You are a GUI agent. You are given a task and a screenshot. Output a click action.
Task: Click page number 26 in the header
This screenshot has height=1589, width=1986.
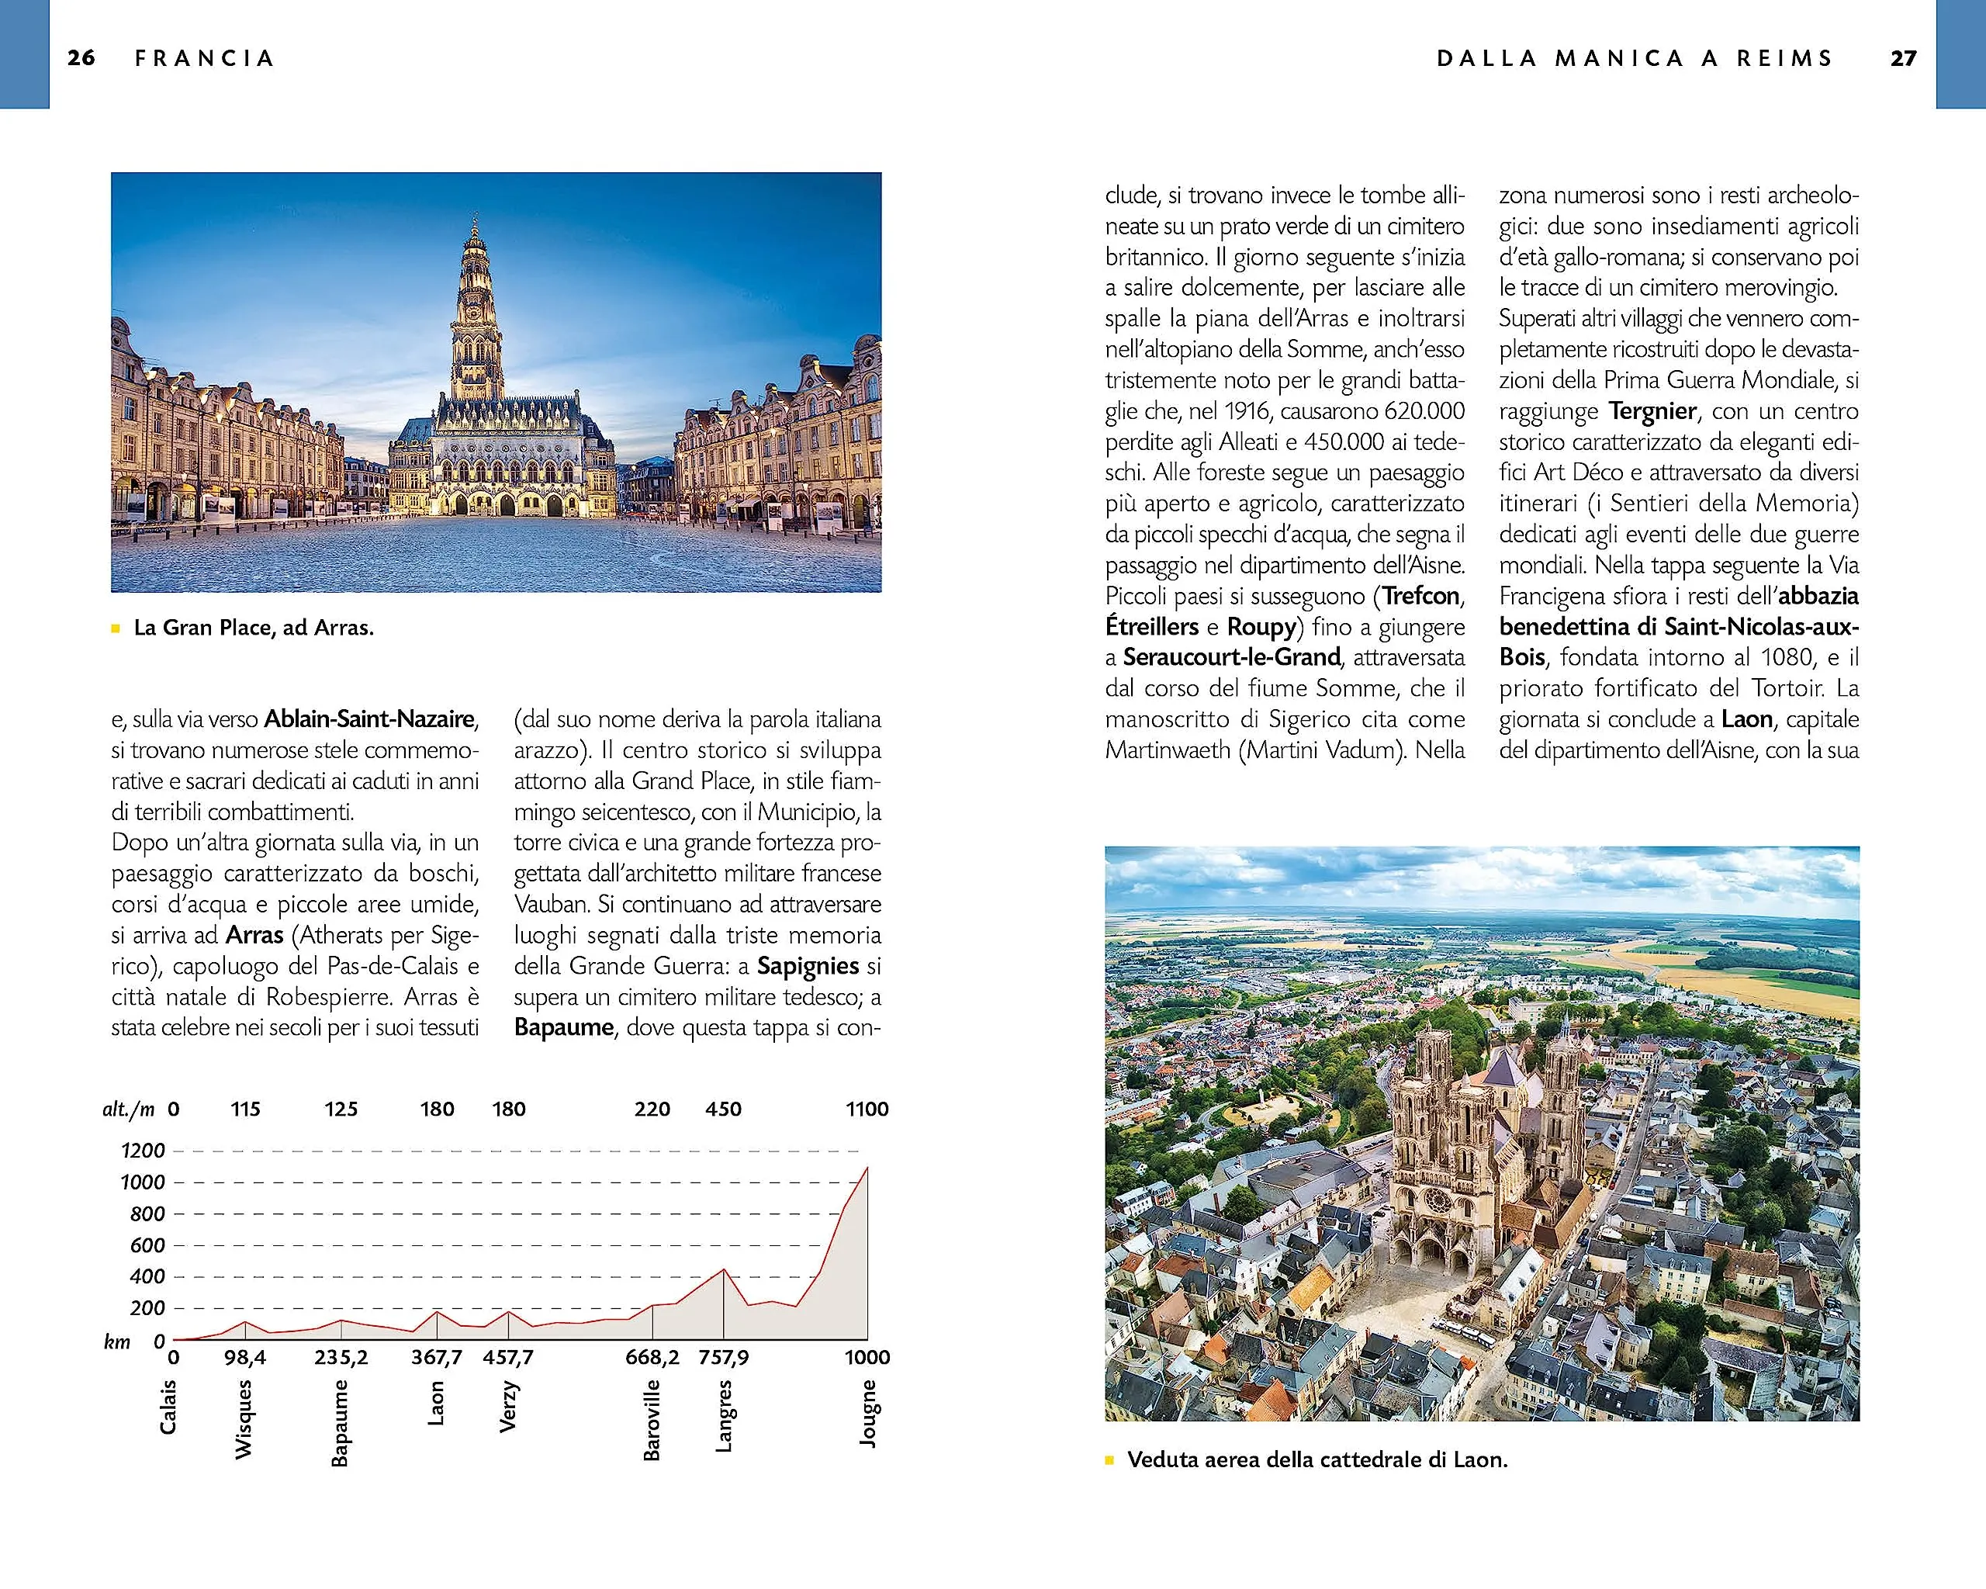click(x=81, y=58)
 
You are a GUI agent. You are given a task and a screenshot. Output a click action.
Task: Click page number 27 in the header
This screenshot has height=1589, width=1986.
click(x=1903, y=58)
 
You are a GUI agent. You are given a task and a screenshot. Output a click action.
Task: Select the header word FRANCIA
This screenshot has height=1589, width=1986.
click(x=205, y=58)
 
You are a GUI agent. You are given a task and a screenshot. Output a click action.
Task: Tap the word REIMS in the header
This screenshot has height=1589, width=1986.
click(x=1784, y=58)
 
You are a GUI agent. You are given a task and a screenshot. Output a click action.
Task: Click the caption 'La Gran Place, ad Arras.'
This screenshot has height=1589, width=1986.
click(x=254, y=628)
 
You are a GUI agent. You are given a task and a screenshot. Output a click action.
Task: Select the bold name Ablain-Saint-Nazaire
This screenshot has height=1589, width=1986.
click(x=369, y=718)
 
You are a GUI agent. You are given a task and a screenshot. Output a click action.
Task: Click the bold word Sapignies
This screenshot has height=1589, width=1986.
click(x=807, y=965)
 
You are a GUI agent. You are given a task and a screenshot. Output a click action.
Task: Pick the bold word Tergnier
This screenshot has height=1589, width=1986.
click(x=1652, y=411)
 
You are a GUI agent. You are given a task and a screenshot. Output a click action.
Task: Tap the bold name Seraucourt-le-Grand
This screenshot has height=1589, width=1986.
click(x=1230, y=657)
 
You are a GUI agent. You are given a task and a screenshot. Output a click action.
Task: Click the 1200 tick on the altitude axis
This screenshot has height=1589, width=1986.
click(x=143, y=1151)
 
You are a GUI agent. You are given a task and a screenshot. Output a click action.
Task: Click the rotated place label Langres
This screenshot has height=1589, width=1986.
click(x=724, y=1416)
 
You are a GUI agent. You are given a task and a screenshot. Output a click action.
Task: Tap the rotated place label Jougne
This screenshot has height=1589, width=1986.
click(x=868, y=1413)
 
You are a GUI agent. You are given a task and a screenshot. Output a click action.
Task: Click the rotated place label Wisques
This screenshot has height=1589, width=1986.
click(x=243, y=1418)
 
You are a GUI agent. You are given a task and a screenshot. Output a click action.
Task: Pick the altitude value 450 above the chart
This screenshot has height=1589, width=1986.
click(x=723, y=1109)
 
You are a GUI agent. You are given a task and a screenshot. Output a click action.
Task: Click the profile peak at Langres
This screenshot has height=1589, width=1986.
click(x=724, y=1270)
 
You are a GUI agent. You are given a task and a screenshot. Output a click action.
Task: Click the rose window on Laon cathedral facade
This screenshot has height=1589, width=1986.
click(x=1436, y=1200)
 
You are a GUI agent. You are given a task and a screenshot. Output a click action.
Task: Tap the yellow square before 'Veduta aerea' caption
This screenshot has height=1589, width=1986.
click(x=1110, y=1460)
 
